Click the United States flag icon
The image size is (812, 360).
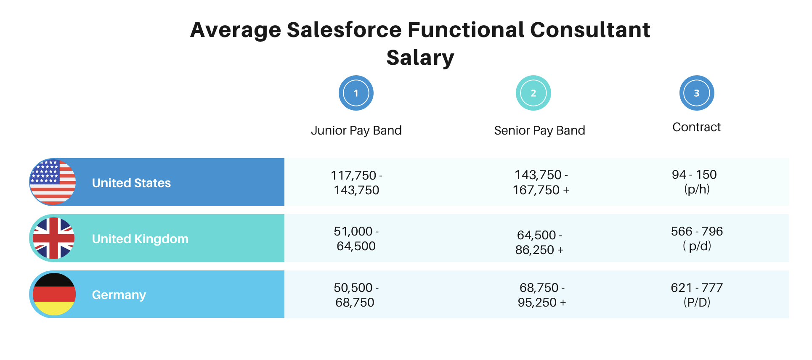click(53, 183)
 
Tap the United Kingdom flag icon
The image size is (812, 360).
click(53, 238)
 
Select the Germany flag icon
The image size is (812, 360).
click(54, 294)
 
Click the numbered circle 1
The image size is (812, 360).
click(356, 93)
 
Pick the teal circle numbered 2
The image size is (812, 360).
click(533, 93)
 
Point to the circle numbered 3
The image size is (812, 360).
click(696, 93)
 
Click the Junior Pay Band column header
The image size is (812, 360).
click(356, 130)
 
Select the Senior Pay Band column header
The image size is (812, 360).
click(539, 130)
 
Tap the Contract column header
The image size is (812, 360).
click(696, 127)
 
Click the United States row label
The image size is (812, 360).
click(131, 183)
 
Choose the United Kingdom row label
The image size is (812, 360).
click(140, 239)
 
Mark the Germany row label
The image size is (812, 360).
click(119, 295)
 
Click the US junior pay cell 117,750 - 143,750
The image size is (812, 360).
click(356, 183)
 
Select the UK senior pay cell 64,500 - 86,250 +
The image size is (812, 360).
click(539, 242)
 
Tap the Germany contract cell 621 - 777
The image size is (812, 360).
click(697, 294)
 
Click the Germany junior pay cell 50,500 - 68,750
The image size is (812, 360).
click(356, 295)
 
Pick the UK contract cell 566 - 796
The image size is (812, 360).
click(697, 238)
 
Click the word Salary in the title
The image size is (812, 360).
click(420, 58)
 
